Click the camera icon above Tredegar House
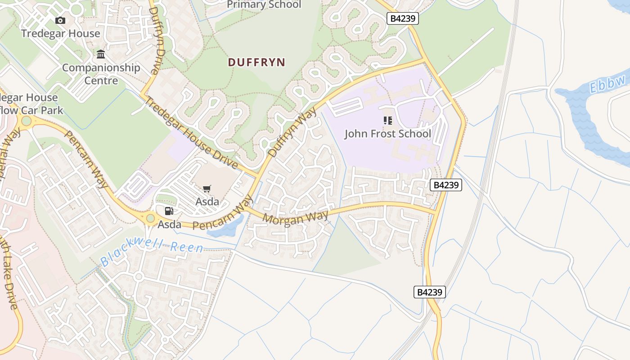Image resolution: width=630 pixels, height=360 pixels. pos(60,20)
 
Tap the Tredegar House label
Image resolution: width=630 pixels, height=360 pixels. pos(60,33)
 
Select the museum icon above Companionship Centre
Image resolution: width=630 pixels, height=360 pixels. pos(101,55)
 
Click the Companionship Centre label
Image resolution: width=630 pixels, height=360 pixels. pos(101,74)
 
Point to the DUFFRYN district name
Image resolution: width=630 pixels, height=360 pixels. pos(256,63)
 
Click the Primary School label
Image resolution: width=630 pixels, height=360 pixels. pos(264,5)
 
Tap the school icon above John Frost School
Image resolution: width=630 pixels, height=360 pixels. pos(387,121)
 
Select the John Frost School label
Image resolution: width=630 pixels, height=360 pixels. pos(387,134)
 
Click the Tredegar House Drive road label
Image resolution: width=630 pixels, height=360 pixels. pos(191,133)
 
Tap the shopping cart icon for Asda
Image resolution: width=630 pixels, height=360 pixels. pos(207,189)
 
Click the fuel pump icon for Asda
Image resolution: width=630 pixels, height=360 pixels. pos(169,211)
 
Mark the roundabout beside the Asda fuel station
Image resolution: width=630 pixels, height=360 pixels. pos(150,219)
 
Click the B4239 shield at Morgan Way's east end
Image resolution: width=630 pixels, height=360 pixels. pos(445,185)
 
